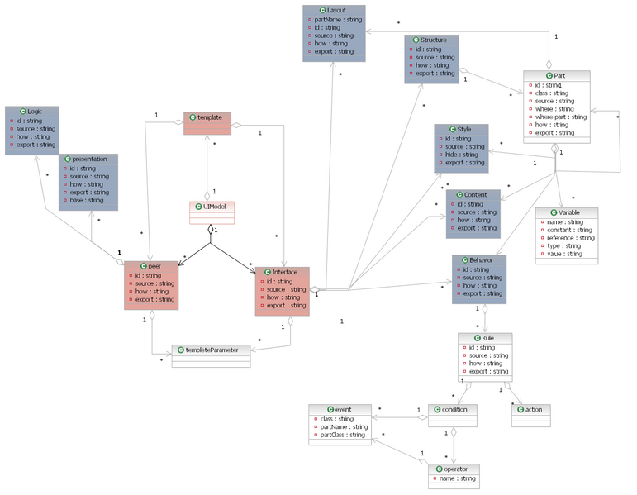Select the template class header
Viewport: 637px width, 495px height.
(211, 118)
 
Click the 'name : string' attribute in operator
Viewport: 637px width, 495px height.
(457, 478)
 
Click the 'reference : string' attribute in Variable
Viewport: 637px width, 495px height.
(570, 238)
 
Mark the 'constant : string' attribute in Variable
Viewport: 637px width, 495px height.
(569, 230)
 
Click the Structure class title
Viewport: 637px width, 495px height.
(433, 39)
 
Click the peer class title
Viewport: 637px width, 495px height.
(154, 266)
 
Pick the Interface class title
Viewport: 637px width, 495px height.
(286, 272)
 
